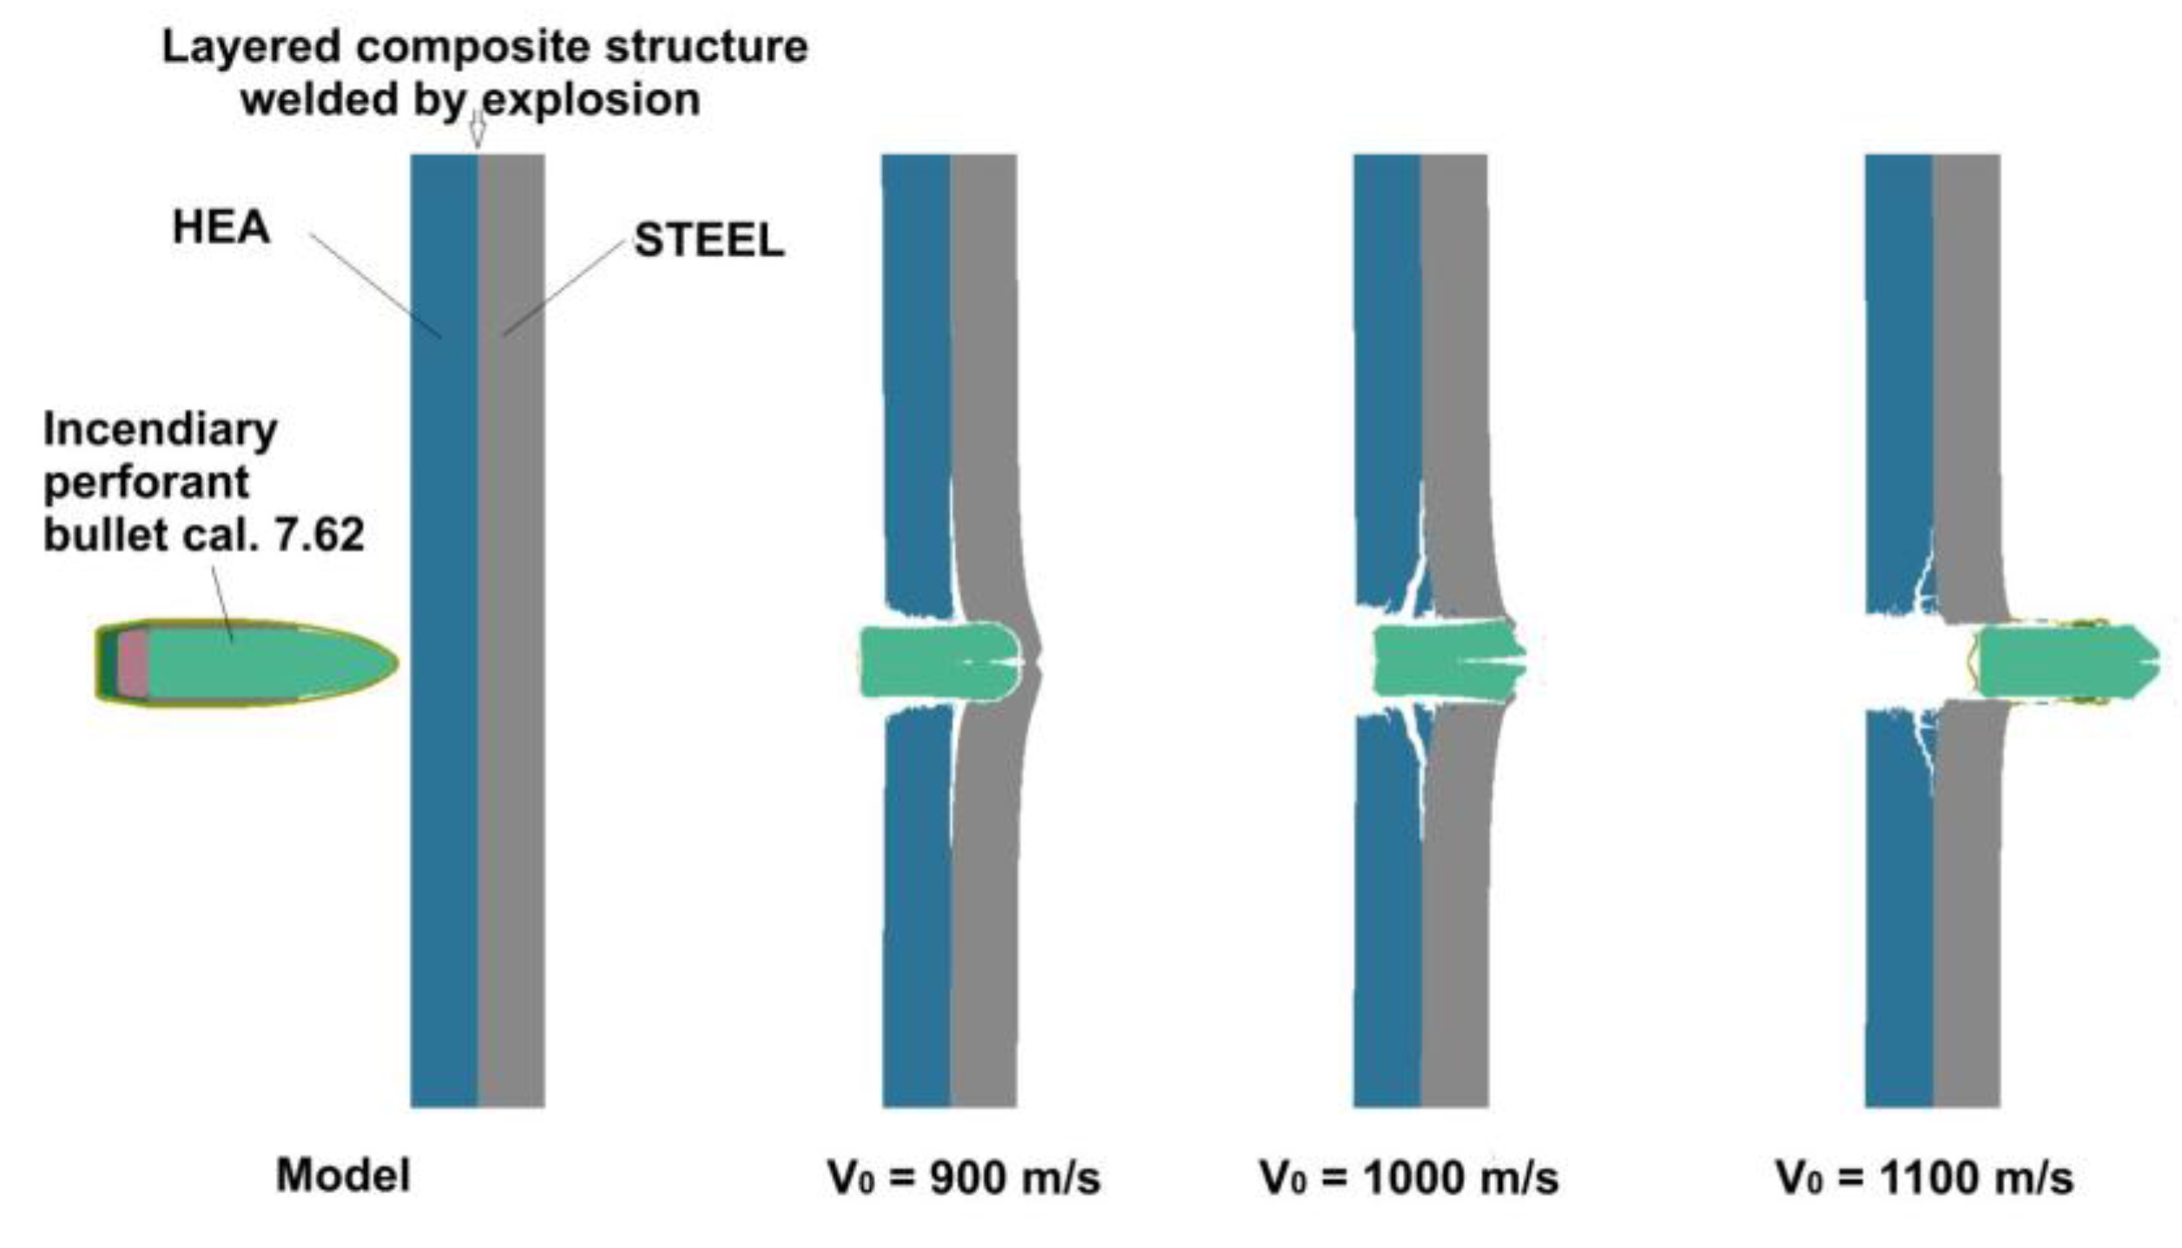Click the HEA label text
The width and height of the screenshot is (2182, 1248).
tap(221, 228)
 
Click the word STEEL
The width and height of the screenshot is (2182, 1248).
tap(709, 241)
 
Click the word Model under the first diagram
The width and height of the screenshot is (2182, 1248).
tap(343, 1176)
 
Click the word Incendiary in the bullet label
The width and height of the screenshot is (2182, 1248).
tap(161, 430)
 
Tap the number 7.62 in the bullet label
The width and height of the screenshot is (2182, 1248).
tap(319, 534)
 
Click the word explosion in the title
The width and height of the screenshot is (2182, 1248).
tap(590, 100)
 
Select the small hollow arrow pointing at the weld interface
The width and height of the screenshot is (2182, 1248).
tap(477, 132)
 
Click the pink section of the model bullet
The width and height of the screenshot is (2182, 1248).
tap(133, 664)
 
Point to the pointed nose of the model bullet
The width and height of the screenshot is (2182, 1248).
tap(391, 664)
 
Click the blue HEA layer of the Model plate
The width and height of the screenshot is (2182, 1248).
tap(444, 868)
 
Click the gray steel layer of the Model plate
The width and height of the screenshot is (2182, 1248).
tap(511, 868)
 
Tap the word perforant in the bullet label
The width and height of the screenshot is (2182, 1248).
tap(147, 482)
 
